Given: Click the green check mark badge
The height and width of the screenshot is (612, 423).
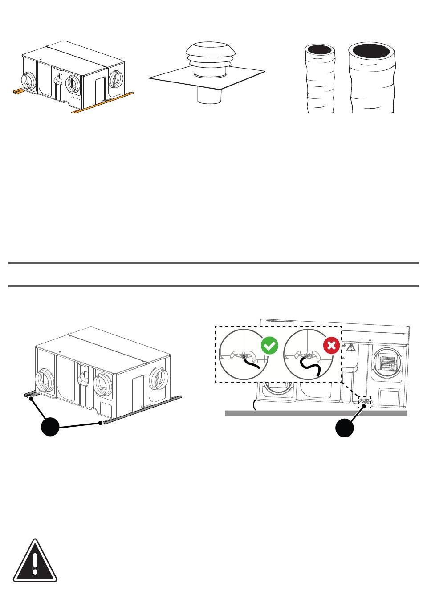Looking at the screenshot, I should [269, 346].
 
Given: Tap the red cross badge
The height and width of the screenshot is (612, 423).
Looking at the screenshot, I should [331, 346].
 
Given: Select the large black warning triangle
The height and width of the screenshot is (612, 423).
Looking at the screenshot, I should [35, 561].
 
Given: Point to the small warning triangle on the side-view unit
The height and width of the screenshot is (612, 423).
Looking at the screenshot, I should [351, 348].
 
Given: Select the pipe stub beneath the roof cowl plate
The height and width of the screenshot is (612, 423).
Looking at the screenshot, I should [209, 95].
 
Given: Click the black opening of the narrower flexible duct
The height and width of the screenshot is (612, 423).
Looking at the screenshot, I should [319, 50].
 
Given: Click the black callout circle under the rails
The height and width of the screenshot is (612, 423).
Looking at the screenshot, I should [50, 427].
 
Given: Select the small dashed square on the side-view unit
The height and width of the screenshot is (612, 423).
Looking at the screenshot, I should [365, 402].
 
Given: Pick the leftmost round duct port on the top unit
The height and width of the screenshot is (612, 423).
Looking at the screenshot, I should [30, 82].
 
